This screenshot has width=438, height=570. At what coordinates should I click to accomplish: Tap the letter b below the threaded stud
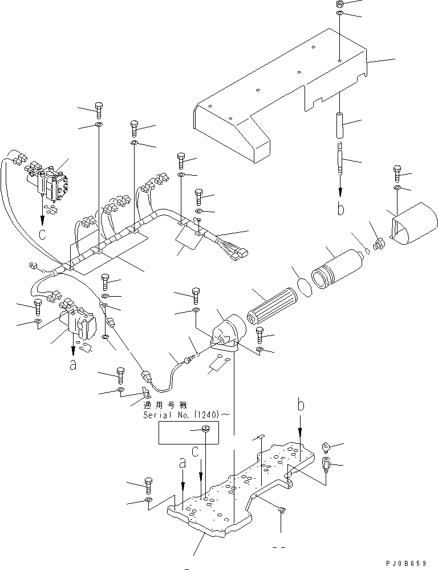pos(340,209)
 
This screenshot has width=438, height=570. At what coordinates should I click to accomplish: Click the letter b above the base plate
pos(301,406)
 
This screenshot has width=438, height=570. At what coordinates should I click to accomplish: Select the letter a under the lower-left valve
pos(72,366)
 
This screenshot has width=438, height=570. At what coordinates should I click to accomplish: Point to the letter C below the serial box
pos(195,452)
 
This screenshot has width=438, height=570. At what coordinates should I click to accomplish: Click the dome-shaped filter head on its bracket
pos(230,329)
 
